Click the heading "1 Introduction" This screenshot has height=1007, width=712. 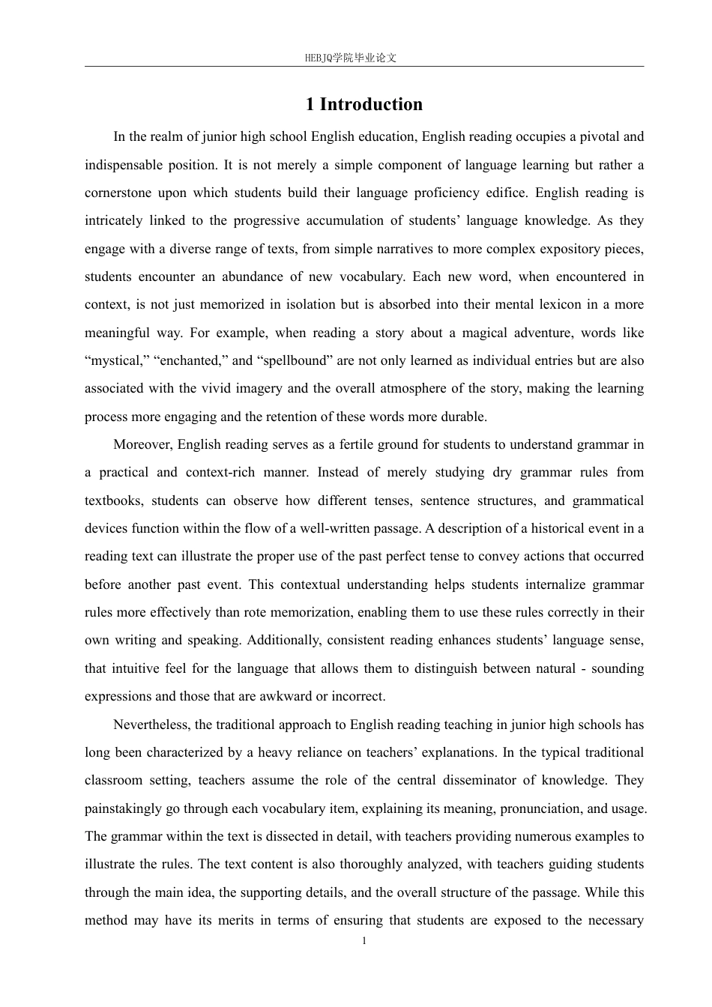(x=363, y=105)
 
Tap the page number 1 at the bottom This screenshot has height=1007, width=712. (x=364, y=941)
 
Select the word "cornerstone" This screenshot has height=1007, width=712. (x=117, y=193)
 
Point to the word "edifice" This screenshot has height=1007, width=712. (x=505, y=193)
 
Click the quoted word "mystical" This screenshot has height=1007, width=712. (x=116, y=360)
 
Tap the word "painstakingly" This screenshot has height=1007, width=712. (x=121, y=808)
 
